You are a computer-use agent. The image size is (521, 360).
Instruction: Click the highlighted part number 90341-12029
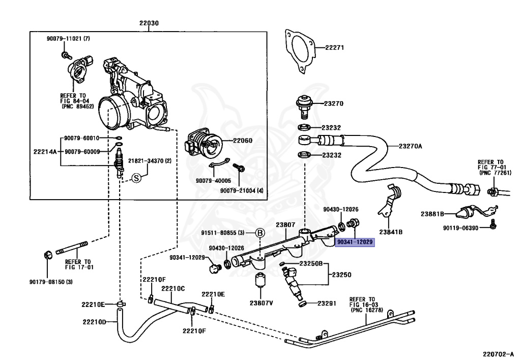tap(355, 242)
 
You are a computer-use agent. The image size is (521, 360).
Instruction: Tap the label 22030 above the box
tap(149, 23)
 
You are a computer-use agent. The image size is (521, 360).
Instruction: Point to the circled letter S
tap(136, 178)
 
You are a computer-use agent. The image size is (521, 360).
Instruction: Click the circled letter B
tap(260, 233)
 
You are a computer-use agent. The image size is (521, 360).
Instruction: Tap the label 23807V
tap(262, 303)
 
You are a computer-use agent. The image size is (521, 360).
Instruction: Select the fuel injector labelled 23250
tap(292, 283)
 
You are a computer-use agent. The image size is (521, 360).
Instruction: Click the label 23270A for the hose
tap(411, 146)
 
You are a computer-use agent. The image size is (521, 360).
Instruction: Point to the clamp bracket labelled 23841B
tap(389, 201)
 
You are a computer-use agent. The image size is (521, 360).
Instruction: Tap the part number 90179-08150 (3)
tap(51, 282)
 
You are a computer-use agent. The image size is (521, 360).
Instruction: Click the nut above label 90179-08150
tap(48, 255)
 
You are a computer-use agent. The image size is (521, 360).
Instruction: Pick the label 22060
tap(243, 141)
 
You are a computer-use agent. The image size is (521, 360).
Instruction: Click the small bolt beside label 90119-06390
tap(493, 225)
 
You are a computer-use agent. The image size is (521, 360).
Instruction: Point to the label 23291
tap(327, 303)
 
